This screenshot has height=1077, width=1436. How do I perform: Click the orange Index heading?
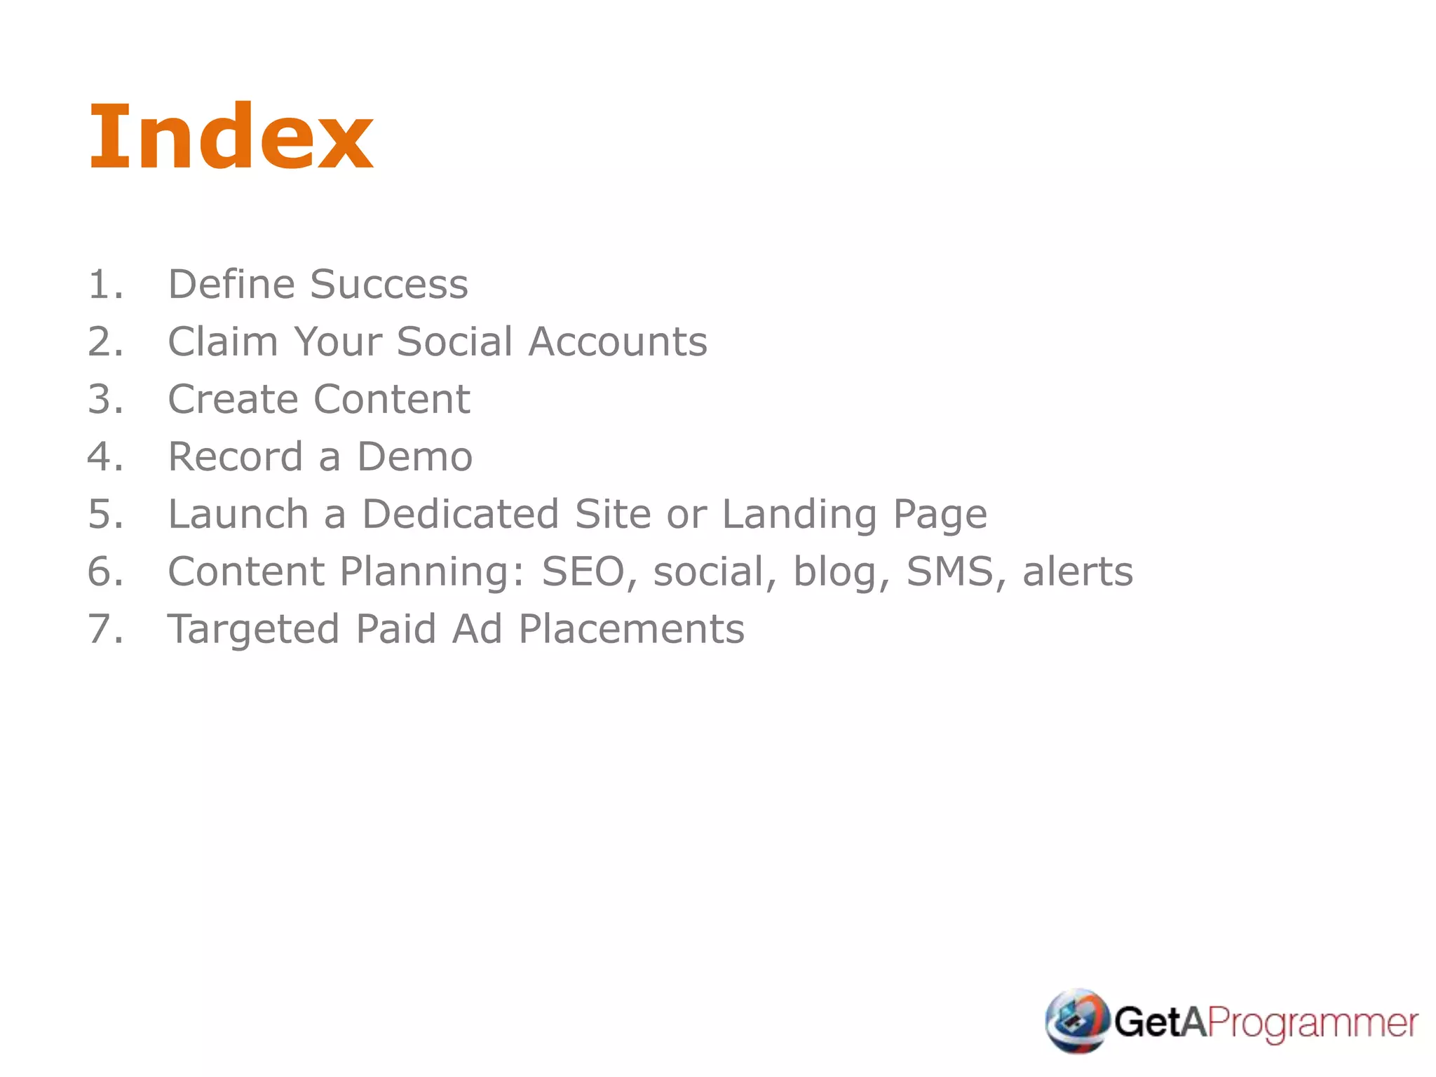click(x=231, y=137)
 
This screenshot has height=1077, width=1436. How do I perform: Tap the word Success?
click(x=388, y=285)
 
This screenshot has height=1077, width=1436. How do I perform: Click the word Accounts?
click(x=617, y=342)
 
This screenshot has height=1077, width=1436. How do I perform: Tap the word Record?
click(x=235, y=457)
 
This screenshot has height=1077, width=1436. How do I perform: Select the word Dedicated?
click(x=459, y=515)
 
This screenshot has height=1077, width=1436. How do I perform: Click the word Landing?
click(x=799, y=515)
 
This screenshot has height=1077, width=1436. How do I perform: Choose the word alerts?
click(x=1077, y=572)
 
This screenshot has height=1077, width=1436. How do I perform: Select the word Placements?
click(x=631, y=630)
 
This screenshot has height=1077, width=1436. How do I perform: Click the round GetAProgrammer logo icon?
click(x=1077, y=1021)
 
